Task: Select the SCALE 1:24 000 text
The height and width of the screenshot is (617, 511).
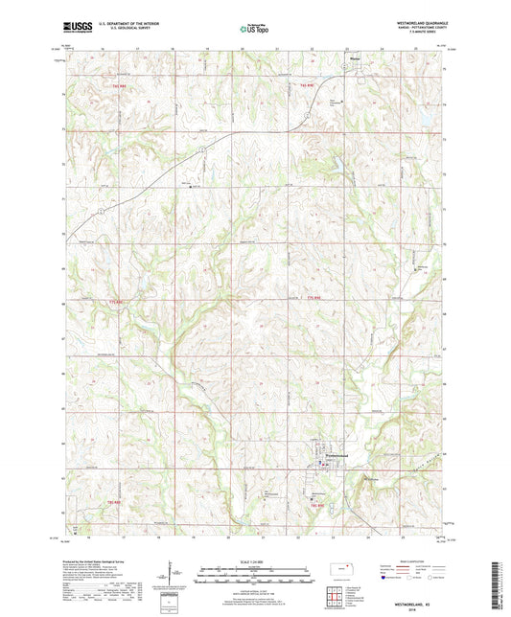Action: click(x=255, y=562)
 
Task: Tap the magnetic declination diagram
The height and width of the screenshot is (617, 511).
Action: click(x=177, y=577)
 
